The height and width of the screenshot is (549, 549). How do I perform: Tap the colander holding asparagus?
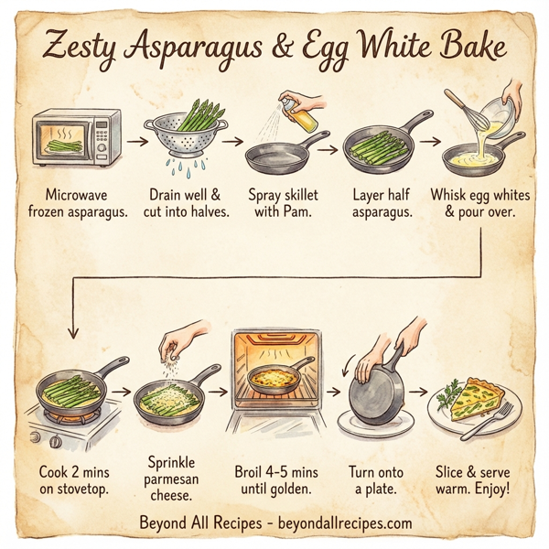(185, 142)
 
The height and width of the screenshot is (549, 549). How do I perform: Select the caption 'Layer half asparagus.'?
(380, 204)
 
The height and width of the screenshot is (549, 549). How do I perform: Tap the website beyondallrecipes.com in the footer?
(348, 522)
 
